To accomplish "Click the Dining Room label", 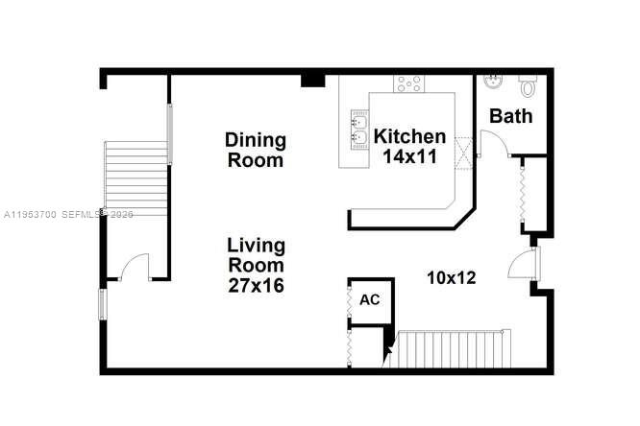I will click(256, 150).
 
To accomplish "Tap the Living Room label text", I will click(256, 253).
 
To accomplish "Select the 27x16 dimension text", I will click(256, 285).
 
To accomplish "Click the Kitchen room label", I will click(410, 136).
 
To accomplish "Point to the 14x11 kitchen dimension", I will click(410, 157).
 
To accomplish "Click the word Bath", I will click(511, 117).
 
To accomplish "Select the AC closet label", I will click(370, 300).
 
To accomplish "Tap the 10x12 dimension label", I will click(452, 277).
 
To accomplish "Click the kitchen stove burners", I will click(409, 83).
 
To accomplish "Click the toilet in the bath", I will click(528, 87).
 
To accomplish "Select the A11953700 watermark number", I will click(33, 214).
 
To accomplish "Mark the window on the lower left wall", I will click(101, 304).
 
